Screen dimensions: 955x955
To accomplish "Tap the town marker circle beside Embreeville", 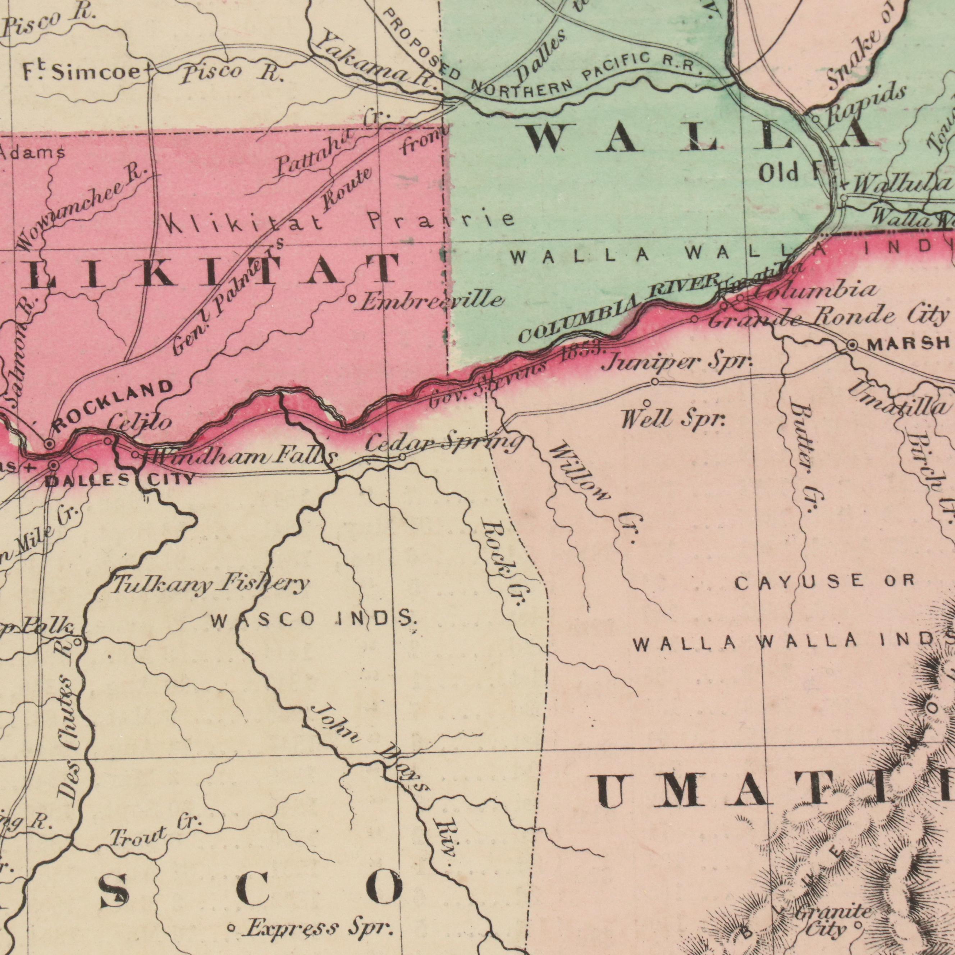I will click(x=352, y=298).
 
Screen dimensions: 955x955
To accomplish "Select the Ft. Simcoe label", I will click(x=82, y=73).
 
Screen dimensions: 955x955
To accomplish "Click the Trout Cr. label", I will click(x=156, y=835).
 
